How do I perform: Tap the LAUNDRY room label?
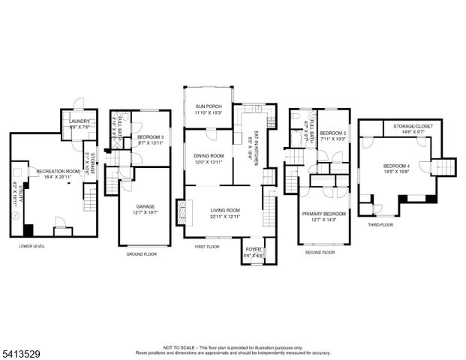click(80, 121)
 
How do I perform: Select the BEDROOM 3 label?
click(151, 137)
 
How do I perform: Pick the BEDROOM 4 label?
click(397, 166)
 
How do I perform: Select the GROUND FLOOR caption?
click(140, 254)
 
